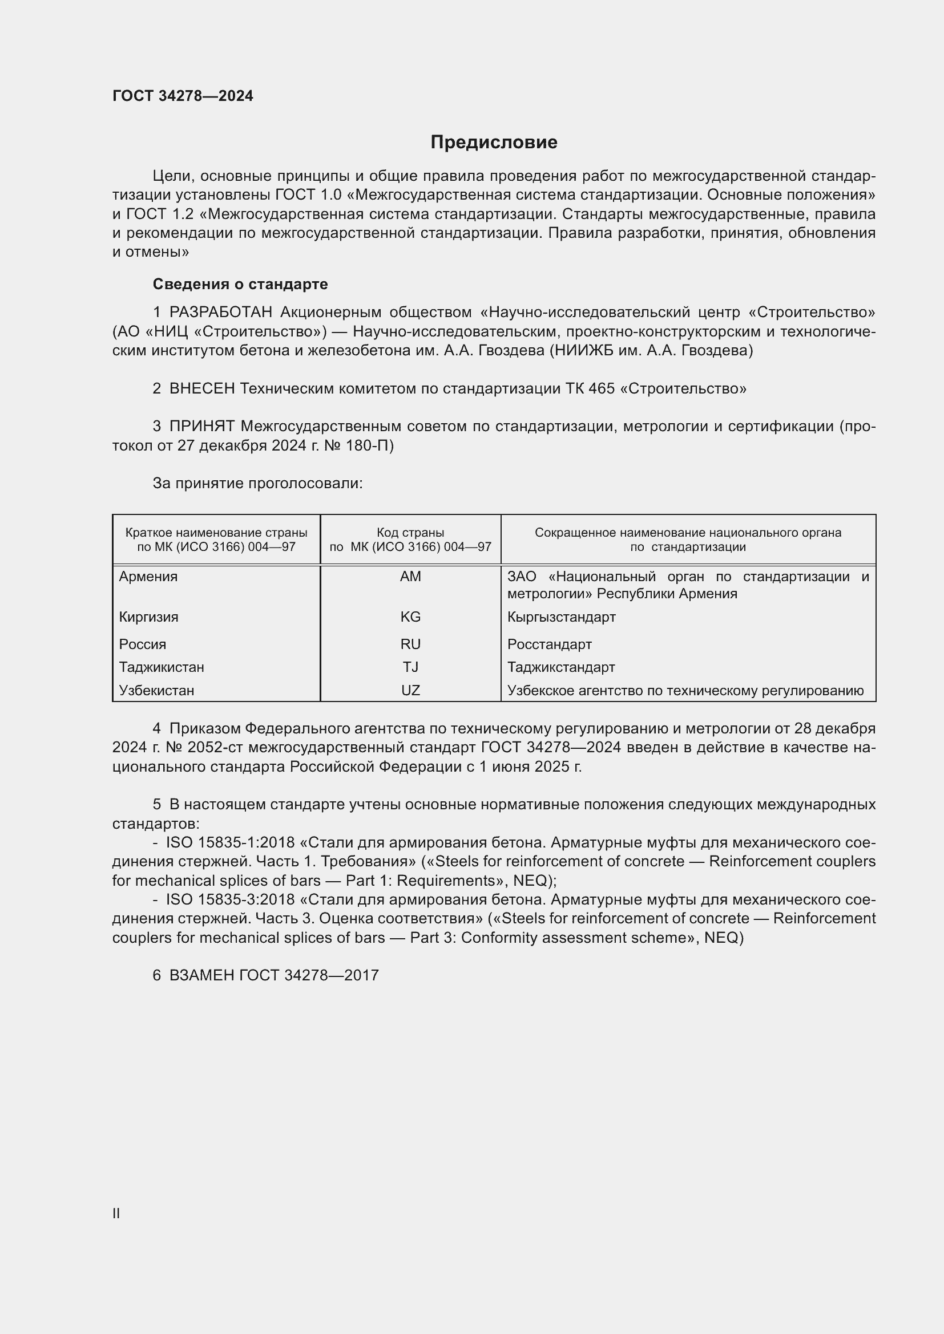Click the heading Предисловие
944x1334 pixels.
[x=494, y=143]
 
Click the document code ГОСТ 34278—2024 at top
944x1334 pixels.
[x=183, y=96]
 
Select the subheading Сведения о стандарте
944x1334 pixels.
[x=240, y=284]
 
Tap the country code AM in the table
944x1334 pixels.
[x=410, y=577]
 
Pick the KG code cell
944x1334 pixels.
[x=410, y=617]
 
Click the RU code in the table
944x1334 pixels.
[x=410, y=644]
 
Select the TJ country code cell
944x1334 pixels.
[x=410, y=667]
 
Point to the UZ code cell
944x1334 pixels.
[x=410, y=691]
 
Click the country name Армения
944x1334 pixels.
[x=148, y=577]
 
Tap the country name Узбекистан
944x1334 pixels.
[x=156, y=691]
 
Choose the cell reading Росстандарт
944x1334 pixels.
[x=549, y=644]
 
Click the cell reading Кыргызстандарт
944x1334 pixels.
[x=561, y=617]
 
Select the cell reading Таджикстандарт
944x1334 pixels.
[x=561, y=667]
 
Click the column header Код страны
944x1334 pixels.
[x=410, y=533]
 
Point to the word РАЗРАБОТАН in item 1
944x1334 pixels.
[x=220, y=313]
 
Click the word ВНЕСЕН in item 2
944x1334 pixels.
[x=201, y=389]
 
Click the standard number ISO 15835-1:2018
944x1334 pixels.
[x=230, y=842]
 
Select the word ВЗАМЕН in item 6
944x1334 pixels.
[x=201, y=975]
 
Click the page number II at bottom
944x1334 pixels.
[x=116, y=1213]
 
